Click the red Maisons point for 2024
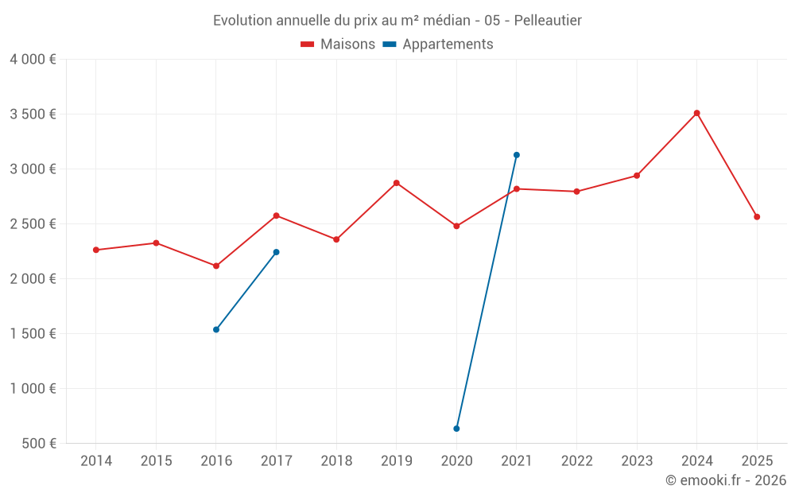[696, 113]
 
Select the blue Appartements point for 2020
[456, 429]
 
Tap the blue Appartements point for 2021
[517, 155]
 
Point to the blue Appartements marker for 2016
[216, 330]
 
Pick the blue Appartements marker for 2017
[277, 252]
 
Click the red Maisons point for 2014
[96, 250]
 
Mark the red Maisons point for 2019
[397, 183]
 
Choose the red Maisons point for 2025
[757, 217]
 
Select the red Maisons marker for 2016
[216, 266]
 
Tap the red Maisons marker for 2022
[576, 192]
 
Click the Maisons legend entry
[338, 44]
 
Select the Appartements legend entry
[438, 44]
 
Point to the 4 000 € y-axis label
[33, 60]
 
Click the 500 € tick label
[39, 443]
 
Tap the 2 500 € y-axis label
[33, 223]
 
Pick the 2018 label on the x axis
[336, 460]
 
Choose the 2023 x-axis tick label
[637, 460]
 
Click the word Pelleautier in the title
[548, 21]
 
